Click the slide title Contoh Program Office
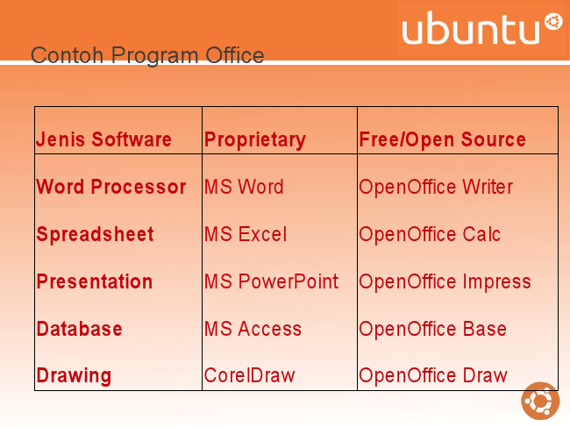[x=147, y=55]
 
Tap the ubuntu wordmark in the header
[x=481, y=27]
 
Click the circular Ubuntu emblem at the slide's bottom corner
[x=540, y=401]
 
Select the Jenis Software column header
[x=103, y=139]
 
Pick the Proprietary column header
[x=255, y=140]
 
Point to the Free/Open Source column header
[x=442, y=139]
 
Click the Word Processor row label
[x=111, y=187]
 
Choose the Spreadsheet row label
[x=96, y=234]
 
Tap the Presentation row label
[x=95, y=281]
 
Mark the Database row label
[x=79, y=329]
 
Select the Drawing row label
[x=74, y=376]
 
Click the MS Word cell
[x=244, y=187]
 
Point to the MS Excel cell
[x=246, y=234]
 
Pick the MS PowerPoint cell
[x=271, y=281]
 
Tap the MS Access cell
[x=253, y=329]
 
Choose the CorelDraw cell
[x=249, y=375]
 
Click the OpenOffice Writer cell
[x=436, y=188]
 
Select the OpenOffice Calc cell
[x=430, y=235]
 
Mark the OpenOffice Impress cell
[x=445, y=282]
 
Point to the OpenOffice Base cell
[x=432, y=330]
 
